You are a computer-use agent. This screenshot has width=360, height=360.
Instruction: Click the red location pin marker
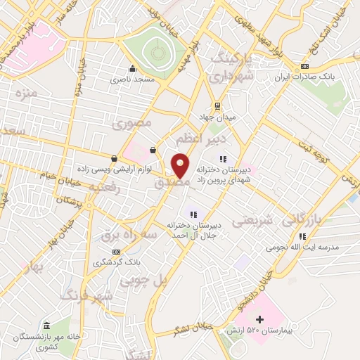click(181, 165)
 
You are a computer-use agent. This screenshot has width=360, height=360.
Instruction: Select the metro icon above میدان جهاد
click(218, 106)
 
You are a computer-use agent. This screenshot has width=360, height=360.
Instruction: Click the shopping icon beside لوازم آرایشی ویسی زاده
click(113, 158)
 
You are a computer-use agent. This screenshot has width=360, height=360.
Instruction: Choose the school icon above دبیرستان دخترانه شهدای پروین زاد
click(223, 159)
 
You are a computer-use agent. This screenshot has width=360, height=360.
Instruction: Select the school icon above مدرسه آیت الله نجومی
click(302, 237)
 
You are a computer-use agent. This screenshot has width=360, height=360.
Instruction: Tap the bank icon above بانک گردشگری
click(116, 252)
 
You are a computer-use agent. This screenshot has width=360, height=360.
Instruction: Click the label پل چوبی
click(146, 281)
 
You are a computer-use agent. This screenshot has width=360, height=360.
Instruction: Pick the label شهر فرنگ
click(86, 295)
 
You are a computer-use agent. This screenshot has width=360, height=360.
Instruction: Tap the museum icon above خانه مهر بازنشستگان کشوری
click(46, 326)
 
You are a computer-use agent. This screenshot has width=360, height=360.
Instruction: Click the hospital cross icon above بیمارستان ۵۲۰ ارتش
click(260, 320)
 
